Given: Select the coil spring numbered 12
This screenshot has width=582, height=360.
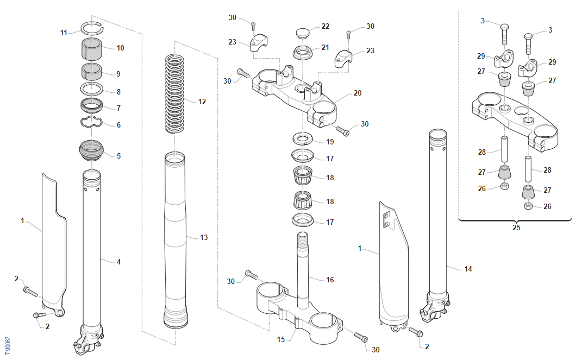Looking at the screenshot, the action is point(174,93).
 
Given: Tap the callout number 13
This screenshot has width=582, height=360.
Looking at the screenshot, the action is point(204,237).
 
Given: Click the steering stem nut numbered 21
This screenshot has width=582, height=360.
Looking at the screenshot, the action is point(303,53).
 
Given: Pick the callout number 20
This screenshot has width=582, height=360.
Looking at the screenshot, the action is point(358,93).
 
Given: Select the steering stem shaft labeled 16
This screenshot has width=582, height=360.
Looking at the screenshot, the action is point(303,270).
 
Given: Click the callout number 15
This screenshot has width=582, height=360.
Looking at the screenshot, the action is point(281,339).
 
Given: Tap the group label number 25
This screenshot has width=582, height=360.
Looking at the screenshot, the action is point(516,228).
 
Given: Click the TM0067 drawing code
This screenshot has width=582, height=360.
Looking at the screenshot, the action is point(8,345).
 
